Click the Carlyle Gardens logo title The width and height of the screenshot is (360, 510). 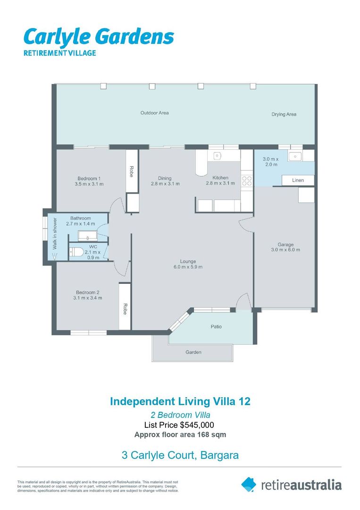point(99,37)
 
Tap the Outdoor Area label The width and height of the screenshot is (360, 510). point(154,113)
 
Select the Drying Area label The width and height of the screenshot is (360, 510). point(284,114)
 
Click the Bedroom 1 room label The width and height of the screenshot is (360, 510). point(89,178)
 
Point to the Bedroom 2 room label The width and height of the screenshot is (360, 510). point(88,292)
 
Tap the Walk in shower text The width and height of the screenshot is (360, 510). point(55,234)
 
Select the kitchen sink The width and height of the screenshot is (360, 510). point(217,156)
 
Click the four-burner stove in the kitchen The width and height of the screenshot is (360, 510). point(247,181)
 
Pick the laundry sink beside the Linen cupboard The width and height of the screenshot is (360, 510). point(295,156)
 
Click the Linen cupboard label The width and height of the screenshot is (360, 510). point(298,180)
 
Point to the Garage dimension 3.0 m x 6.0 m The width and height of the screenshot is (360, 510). point(285,250)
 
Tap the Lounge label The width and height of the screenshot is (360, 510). point(188,262)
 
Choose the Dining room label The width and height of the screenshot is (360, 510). point(165,178)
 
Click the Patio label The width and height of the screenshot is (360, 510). point(216,327)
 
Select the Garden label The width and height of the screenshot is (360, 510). point(193,352)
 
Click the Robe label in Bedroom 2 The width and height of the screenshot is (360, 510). point(125,309)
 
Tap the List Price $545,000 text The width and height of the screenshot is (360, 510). point(179,425)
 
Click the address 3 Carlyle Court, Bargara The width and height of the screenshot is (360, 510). point(180,455)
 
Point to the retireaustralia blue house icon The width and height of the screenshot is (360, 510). point(249,484)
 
